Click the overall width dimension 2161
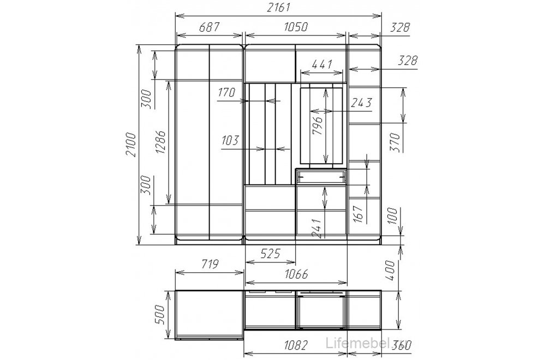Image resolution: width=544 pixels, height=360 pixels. click(x=278, y=7)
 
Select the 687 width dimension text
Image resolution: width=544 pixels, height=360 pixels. click(x=209, y=27)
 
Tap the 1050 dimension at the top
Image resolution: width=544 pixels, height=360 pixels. click(x=296, y=27)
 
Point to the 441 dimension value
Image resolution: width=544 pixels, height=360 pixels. click(x=322, y=64)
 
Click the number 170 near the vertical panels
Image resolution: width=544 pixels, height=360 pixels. click(x=226, y=92)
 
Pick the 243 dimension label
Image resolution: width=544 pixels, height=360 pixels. click(x=362, y=103)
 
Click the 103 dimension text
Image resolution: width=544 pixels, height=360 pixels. click(x=230, y=141)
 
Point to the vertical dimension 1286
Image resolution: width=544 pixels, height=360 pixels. click(x=160, y=142)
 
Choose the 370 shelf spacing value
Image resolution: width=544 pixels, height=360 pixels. click(x=395, y=142)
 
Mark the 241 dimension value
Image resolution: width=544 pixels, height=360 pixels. click(x=317, y=229)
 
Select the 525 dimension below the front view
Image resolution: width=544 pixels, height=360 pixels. click(x=270, y=254)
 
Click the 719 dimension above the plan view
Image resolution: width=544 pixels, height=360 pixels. click(x=210, y=264)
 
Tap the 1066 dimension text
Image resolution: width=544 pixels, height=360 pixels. click(x=296, y=274)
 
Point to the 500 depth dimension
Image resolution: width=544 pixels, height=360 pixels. click(x=159, y=315)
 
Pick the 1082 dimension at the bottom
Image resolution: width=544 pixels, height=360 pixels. click(x=296, y=345)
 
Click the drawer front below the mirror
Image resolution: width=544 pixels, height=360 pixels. click(x=321, y=177)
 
